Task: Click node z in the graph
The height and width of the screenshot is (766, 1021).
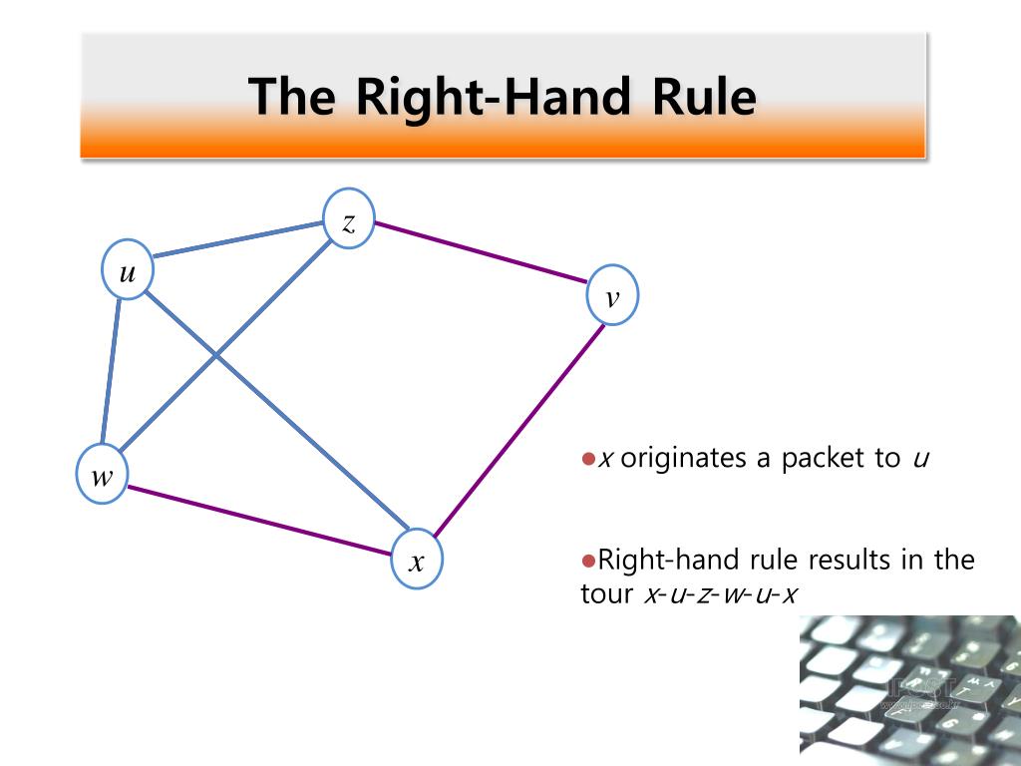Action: pyautogui.click(x=349, y=218)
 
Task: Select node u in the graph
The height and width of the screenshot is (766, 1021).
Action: pyautogui.click(x=129, y=269)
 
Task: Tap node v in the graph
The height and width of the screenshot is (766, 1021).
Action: pyautogui.click(x=612, y=294)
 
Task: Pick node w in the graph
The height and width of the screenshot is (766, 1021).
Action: pyautogui.click(x=103, y=476)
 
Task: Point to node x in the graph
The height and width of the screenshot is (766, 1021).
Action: pyautogui.click(x=418, y=561)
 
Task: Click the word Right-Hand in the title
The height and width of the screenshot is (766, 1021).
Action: pyautogui.click(x=493, y=98)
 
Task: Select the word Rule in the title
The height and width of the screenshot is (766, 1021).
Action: pyautogui.click(x=703, y=98)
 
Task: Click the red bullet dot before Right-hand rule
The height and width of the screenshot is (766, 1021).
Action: pyautogui.click(x=588, y=559)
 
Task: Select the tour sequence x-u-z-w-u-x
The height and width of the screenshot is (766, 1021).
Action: pyautogui.click(x=720, y=594)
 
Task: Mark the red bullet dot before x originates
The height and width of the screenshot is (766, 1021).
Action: pyautogui.click(x=588, y=458)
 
